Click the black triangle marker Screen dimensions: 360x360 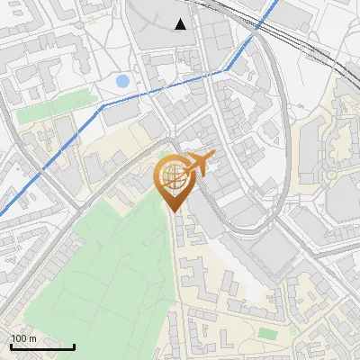tap(181, 24)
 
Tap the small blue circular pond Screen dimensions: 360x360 tap(122, 82)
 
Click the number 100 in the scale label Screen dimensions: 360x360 tap(18, 338)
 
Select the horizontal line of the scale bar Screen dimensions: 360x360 tap(41, 346)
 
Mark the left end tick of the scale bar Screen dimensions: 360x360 tap(10, 345)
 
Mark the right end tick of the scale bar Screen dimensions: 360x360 tap(74, 345)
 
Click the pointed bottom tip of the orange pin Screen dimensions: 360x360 tap(173, 211)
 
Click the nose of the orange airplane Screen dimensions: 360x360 tap(213, 157)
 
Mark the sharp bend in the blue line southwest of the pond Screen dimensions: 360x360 tap(103, 105)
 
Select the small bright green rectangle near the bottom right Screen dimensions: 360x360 tap(265, 333)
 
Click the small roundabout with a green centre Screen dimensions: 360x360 tap(331, 174)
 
